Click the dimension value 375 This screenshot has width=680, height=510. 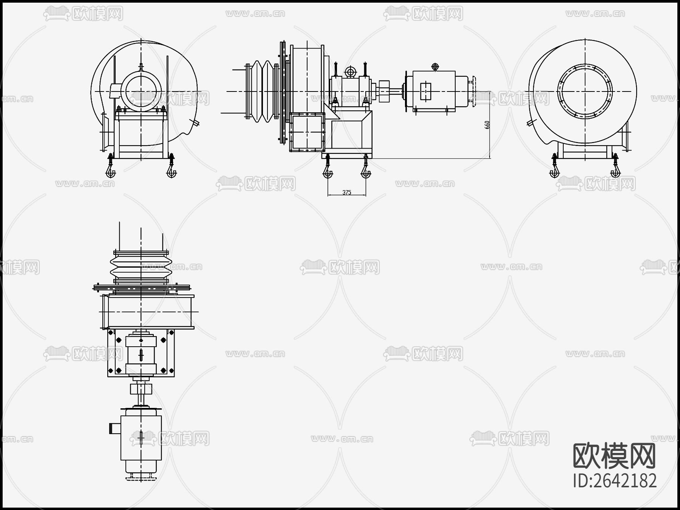346,192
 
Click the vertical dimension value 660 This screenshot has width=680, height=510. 487,125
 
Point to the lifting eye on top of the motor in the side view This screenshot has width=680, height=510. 435,67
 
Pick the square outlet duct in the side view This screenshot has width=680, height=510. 308,132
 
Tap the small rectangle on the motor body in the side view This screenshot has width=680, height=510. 425,91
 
